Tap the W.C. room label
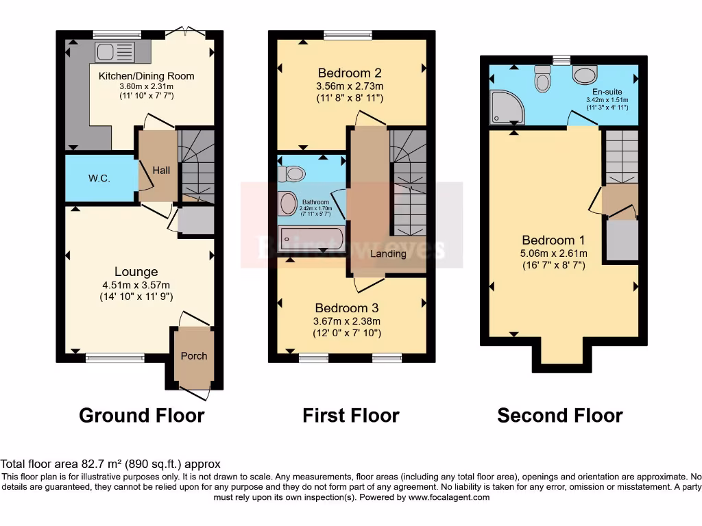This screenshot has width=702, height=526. pos(99,179)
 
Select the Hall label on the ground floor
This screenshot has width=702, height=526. pos(161,170)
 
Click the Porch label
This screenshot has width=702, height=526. pos(194,355)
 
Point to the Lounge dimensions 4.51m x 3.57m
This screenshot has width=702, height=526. pos(136,285)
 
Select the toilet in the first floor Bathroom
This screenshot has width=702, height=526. pos(292,174)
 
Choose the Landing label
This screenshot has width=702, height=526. pos(388,253)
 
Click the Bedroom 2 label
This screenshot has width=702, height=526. pos(350,73)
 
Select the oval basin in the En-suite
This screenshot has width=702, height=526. pos(585,74)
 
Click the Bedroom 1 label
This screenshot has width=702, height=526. pos(553,240)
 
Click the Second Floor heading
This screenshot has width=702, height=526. pos(559,415)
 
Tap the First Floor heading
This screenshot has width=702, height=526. pos(350,415)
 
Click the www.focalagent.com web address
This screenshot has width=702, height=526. pos(450,497)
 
